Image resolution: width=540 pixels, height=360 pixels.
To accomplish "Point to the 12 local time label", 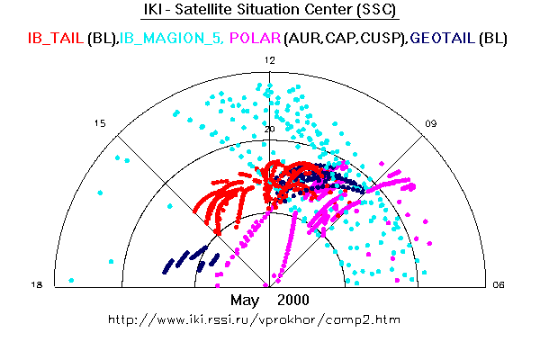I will pos(269,59).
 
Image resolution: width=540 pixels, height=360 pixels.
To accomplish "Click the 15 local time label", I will pos(101,123).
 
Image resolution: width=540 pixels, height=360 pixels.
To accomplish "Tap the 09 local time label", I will pos(432,123).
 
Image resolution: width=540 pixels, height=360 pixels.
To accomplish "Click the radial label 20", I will pos(269,129).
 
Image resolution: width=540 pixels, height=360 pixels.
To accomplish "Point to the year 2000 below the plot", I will pos(293,300).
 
